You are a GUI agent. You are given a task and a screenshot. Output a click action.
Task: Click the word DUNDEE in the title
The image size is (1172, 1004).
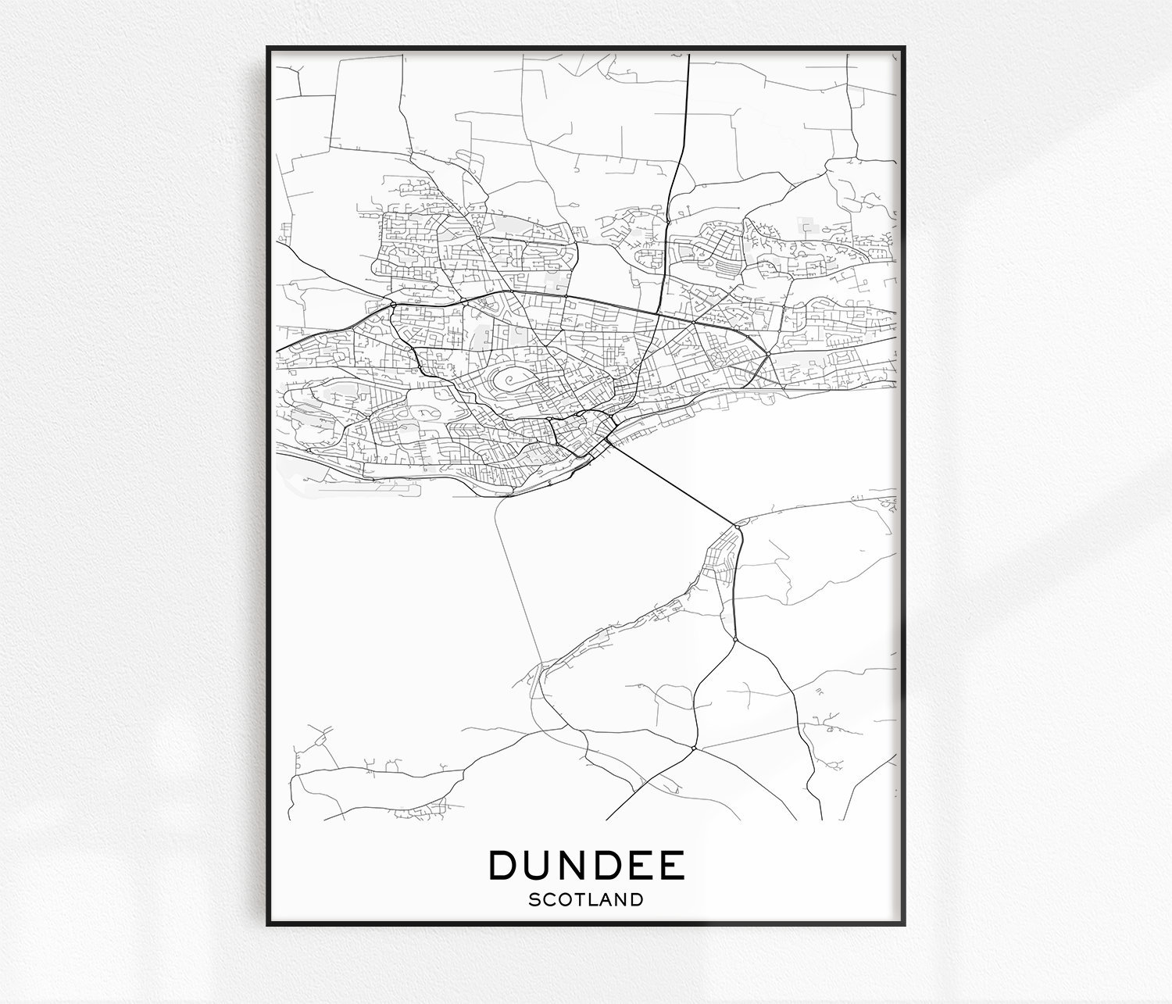587,865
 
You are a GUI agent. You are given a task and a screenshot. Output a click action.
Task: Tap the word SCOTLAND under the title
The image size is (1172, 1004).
586,899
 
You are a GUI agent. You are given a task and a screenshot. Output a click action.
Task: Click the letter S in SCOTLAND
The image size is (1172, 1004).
534,899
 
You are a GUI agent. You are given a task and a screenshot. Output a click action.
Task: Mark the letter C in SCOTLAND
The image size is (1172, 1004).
548,899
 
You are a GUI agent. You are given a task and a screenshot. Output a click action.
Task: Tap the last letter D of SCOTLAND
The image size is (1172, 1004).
638,899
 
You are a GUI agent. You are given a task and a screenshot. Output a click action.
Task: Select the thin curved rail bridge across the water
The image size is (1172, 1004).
516,578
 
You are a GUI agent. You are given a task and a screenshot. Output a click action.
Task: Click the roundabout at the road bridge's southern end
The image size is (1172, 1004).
737,527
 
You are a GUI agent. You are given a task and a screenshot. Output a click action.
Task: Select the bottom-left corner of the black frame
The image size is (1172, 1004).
268,924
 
